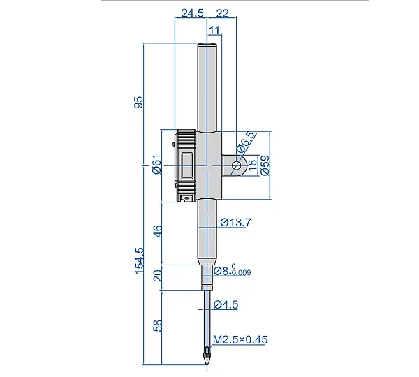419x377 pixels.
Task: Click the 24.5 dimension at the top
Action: [193, 13]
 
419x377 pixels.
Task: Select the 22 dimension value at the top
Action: [222, 13]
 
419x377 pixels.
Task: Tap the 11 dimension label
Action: [214, 31]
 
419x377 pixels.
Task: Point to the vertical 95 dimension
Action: [138, 102]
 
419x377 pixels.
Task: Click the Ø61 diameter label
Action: [157, 164]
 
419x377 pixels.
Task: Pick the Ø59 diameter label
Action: [265, 165]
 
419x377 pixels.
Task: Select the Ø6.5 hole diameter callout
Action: [246, 142]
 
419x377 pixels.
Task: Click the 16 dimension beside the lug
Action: [253, 165]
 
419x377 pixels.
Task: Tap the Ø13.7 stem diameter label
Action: [236, 222]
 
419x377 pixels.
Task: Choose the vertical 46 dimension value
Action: [159, 231]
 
